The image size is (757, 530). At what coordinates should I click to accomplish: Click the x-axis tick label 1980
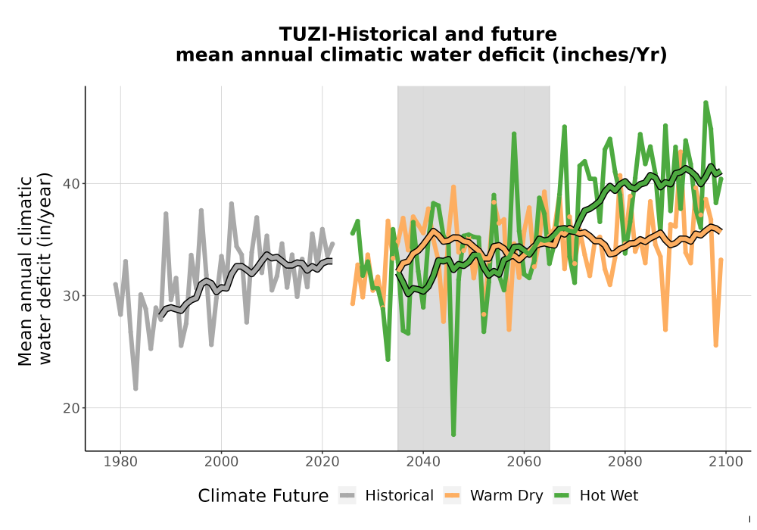click(120, 462)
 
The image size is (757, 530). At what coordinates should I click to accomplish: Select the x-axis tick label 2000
click(221, 462)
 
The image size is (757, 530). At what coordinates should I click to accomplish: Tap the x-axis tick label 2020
click(322, 462)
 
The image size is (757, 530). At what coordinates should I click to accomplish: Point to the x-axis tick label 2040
click(423, 462)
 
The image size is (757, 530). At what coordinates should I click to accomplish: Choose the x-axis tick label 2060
click(524, 462)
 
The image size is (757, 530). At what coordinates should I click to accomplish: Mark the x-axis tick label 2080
click(625, 462)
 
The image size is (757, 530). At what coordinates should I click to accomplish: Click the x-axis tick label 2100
click(726, 462)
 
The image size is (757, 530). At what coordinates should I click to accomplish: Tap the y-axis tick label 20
click(71, 408)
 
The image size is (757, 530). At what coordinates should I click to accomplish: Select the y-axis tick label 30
click(71, 296)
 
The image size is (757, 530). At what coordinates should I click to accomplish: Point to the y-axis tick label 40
click(71, 184)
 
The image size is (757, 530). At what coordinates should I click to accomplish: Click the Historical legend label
click(399, 496)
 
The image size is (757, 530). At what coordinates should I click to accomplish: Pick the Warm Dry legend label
click(506, 496)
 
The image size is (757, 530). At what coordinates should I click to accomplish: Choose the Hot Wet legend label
click(609, 496)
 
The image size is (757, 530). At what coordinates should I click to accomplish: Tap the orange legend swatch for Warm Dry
click(452, 496)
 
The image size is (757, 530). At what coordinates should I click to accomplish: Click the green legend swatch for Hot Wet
click(562, 496)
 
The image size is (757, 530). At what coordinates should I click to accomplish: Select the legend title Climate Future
click(263, 496)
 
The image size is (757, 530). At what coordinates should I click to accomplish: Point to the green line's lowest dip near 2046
click(453, 435)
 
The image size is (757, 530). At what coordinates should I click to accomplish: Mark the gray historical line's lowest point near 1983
click(136, 388)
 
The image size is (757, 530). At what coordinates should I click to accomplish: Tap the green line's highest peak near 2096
click(706, 102)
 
